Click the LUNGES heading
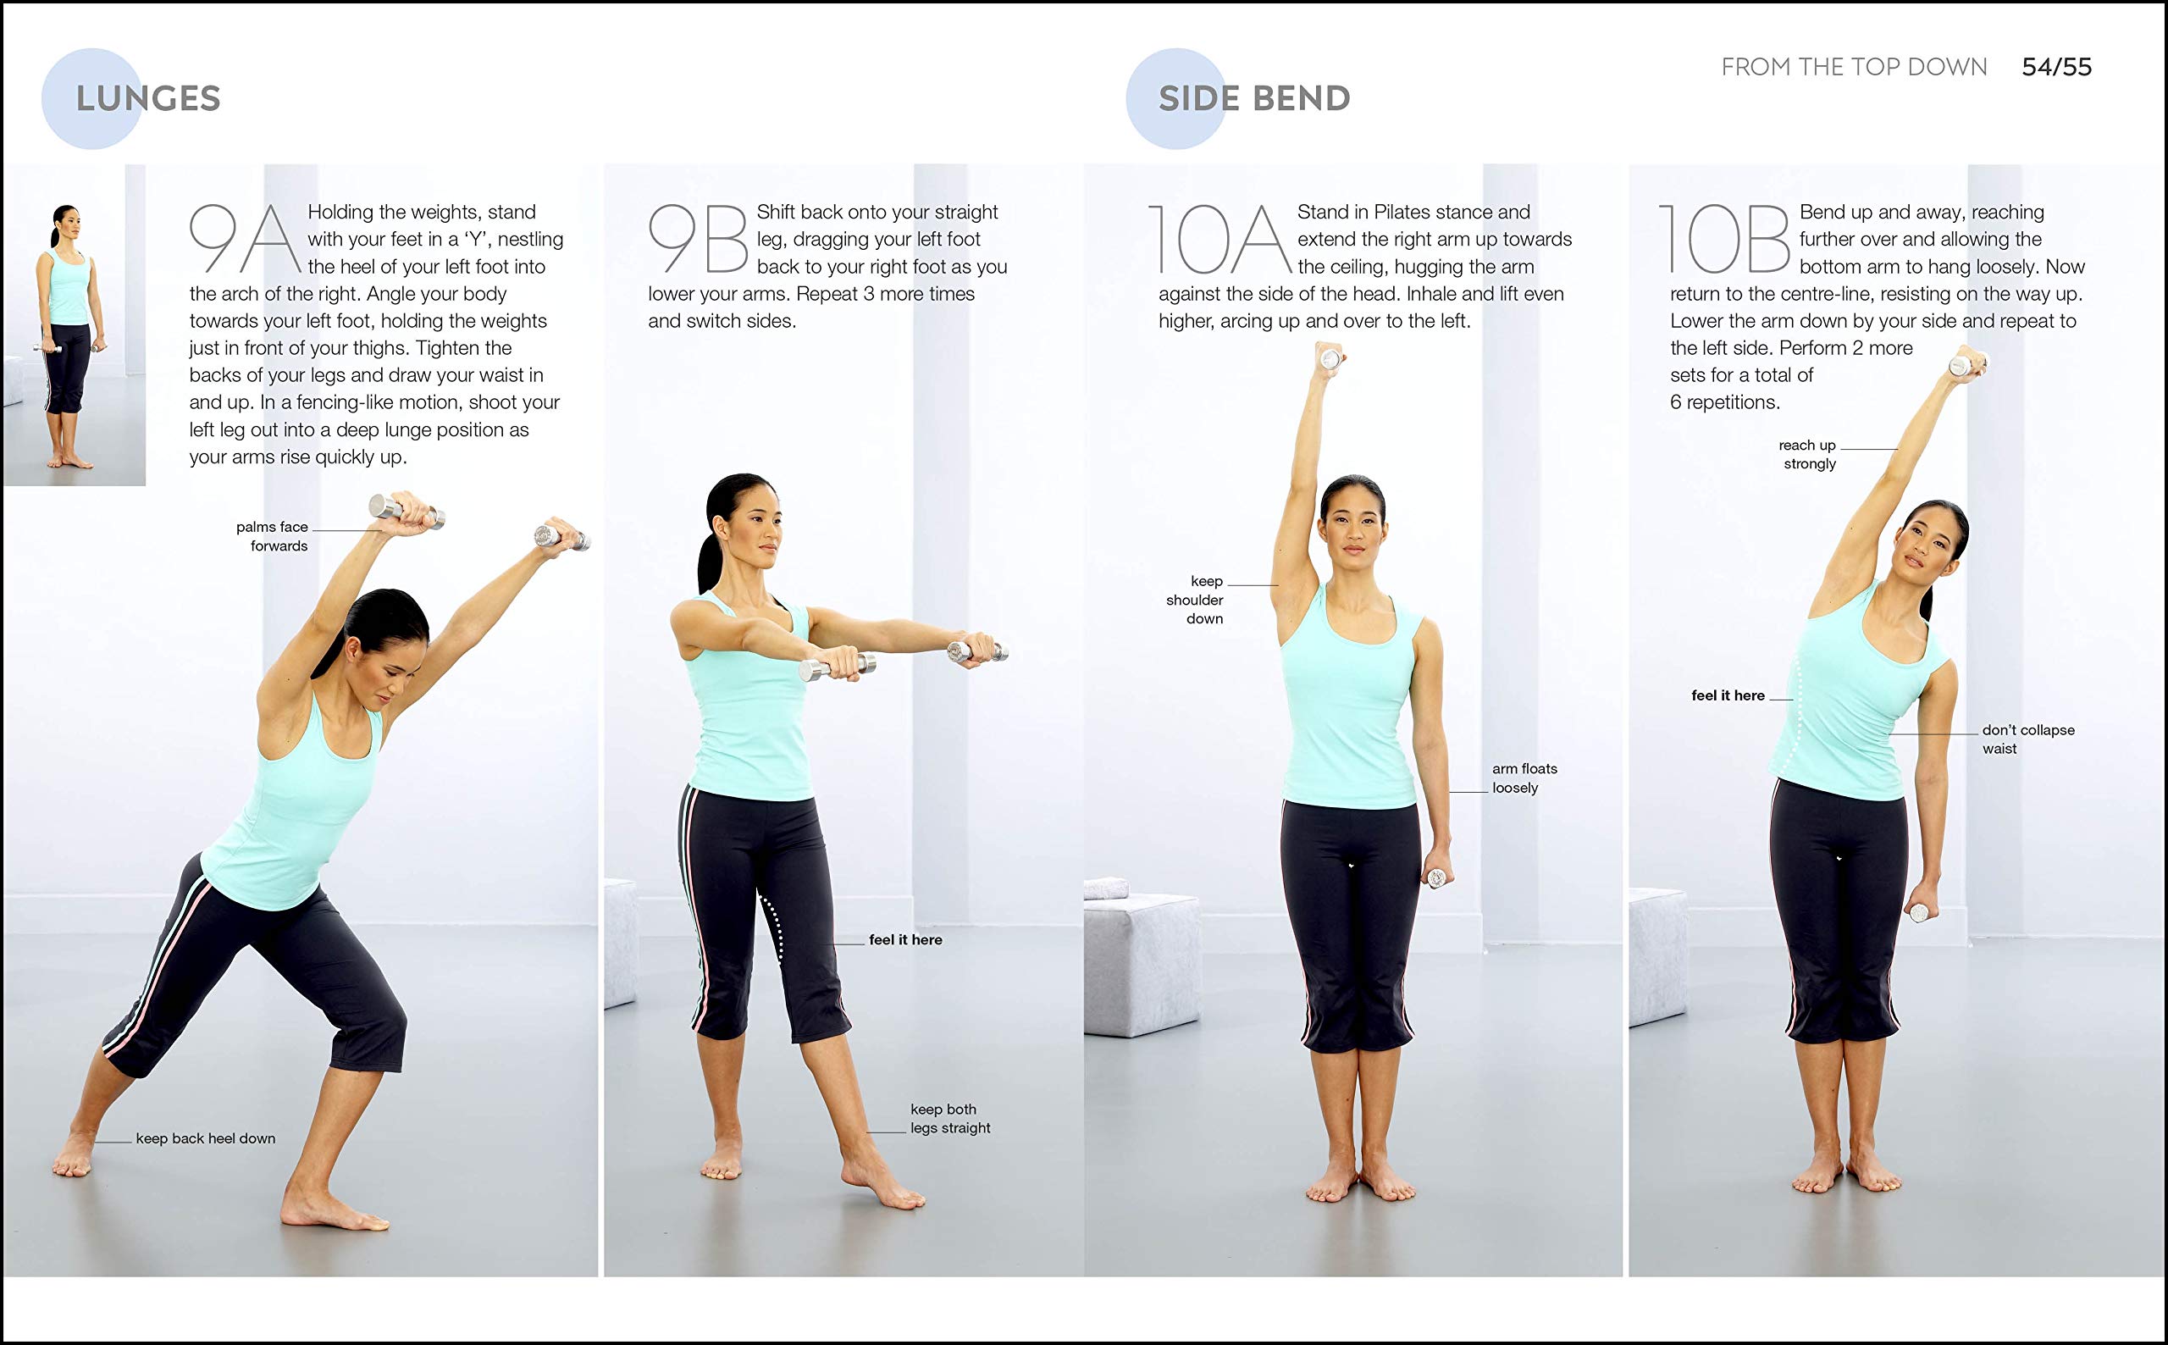(x=148, y=99)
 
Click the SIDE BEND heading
(x=1254, y=99)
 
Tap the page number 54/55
(x=2056, y=67)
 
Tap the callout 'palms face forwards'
(x=272, y=536)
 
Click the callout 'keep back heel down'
(x=206, y=1138)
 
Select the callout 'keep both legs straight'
(x=949, y=1118)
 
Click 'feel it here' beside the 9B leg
(x=905, y=939)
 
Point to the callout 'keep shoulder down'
(x=1195, y=600)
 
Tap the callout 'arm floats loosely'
(x=1524, y=778)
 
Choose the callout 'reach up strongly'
(x=1807, y=455)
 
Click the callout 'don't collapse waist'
(x=2027, y=739)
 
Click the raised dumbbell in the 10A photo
(x=1331, y=358)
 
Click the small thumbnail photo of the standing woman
(x=74, y=324)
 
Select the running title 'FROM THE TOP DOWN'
(x=1853, y=67)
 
